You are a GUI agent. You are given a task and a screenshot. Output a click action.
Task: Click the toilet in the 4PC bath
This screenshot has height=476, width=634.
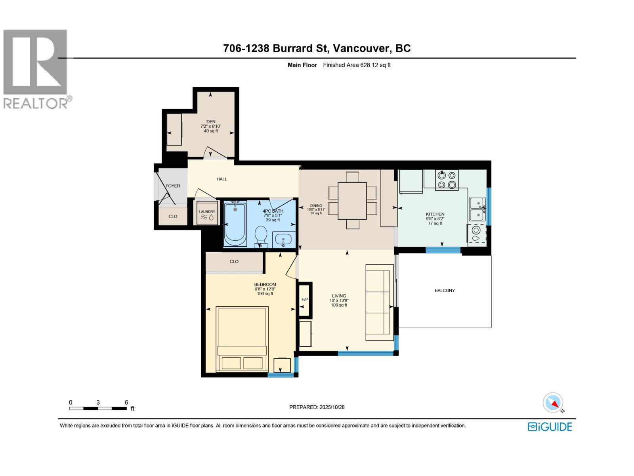coord(261,236)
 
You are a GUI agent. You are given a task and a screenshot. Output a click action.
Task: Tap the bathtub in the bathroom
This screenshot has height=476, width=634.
coord(235,224)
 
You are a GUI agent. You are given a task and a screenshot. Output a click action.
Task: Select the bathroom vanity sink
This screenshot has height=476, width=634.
coord(283,240)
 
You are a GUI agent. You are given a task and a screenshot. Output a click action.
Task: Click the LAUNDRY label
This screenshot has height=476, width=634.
coord(207,212)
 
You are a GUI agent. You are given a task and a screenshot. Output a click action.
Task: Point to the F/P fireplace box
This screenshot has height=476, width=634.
coord(305,299)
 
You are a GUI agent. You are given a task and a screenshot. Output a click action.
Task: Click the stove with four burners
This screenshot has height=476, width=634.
coord(447,180)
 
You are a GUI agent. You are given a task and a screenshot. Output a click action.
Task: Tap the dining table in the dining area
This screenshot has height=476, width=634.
coord(352,200)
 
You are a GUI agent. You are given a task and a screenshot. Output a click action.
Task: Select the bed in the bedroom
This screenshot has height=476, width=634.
coord(242,339)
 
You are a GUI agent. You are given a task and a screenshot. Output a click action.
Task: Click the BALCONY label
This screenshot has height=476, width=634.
coord(445,290)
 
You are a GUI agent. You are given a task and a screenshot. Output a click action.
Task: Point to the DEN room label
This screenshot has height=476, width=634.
coord(211,122)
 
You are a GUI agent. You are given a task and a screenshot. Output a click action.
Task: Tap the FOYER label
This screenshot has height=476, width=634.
coord(173,186)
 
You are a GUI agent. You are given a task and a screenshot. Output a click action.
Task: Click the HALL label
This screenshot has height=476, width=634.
coord(222,179)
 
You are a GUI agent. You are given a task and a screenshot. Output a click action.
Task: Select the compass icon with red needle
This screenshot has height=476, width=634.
coord(553,403)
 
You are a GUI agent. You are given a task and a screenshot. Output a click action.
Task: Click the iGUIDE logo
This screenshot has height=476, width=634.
coord(550,427)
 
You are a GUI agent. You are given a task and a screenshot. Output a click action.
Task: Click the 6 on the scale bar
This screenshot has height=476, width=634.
coord(126,402)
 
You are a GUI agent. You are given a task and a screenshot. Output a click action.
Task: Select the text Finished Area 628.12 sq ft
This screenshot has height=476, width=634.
coord(357,65)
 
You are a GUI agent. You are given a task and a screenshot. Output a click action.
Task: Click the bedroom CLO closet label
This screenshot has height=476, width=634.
coord(234,261)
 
